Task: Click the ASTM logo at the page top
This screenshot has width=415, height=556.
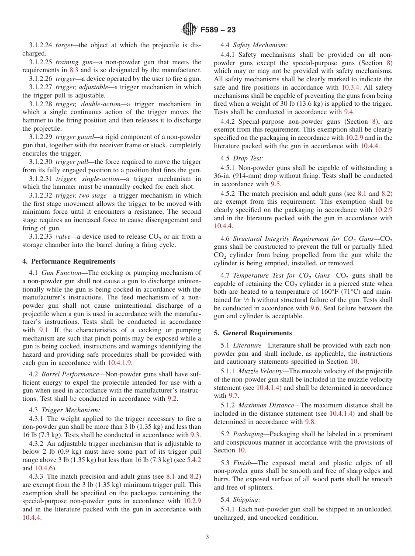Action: coord(189,30)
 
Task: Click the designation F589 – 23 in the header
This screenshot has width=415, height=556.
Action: coord(218,30)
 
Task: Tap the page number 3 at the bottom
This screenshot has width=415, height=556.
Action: coord(207,537)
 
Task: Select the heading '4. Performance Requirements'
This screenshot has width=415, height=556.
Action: coord(69,261)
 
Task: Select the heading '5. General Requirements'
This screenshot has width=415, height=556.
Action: coord(253,333)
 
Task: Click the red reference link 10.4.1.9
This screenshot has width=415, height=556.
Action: coord(119,363)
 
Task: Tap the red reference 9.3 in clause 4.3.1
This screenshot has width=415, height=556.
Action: coord(195,435)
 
